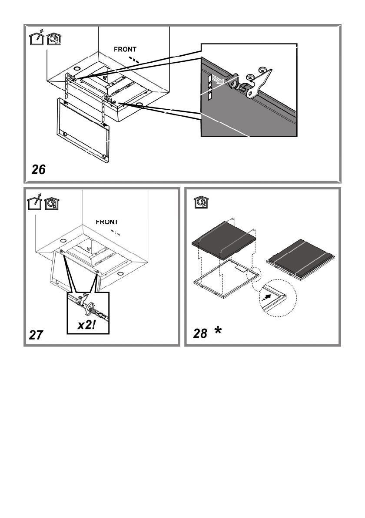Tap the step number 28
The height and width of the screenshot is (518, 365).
click(200, 334)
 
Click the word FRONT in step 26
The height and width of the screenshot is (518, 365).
click(126, 50)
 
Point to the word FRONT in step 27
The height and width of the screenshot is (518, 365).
click(107, 222)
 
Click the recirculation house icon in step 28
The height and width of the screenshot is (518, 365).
click(199, 202)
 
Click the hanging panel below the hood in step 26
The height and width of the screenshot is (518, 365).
click(82, 130)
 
